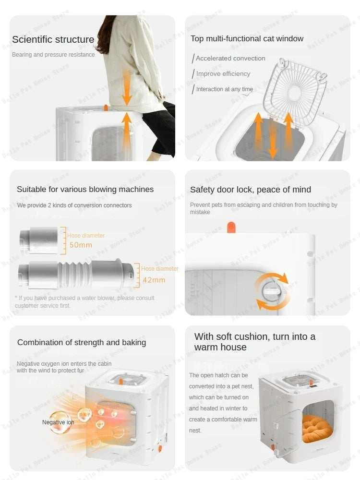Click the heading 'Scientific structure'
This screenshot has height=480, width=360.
(53, 39)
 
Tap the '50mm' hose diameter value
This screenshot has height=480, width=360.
(80, 245)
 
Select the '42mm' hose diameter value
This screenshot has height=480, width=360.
(154, 280)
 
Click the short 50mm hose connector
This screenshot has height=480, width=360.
(38, 240)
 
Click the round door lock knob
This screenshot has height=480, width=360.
(271, 291)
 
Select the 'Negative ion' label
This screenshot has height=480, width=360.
(58, 422)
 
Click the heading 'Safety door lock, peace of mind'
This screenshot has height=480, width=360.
(250, 190)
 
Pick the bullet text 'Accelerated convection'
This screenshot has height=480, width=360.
(230, 59)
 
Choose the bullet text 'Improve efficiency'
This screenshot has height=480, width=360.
(223, 74)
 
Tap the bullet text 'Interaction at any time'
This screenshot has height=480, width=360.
(224, 89)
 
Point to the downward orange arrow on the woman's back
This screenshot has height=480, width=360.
(127, 86)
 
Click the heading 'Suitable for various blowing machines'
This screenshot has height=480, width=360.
(85, 190)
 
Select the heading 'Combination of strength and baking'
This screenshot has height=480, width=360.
(82, 342)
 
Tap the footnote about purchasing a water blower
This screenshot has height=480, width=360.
(84, 301)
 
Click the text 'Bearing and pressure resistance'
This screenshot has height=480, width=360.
(53, 55)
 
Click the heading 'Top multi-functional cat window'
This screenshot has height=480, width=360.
(247, 39)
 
